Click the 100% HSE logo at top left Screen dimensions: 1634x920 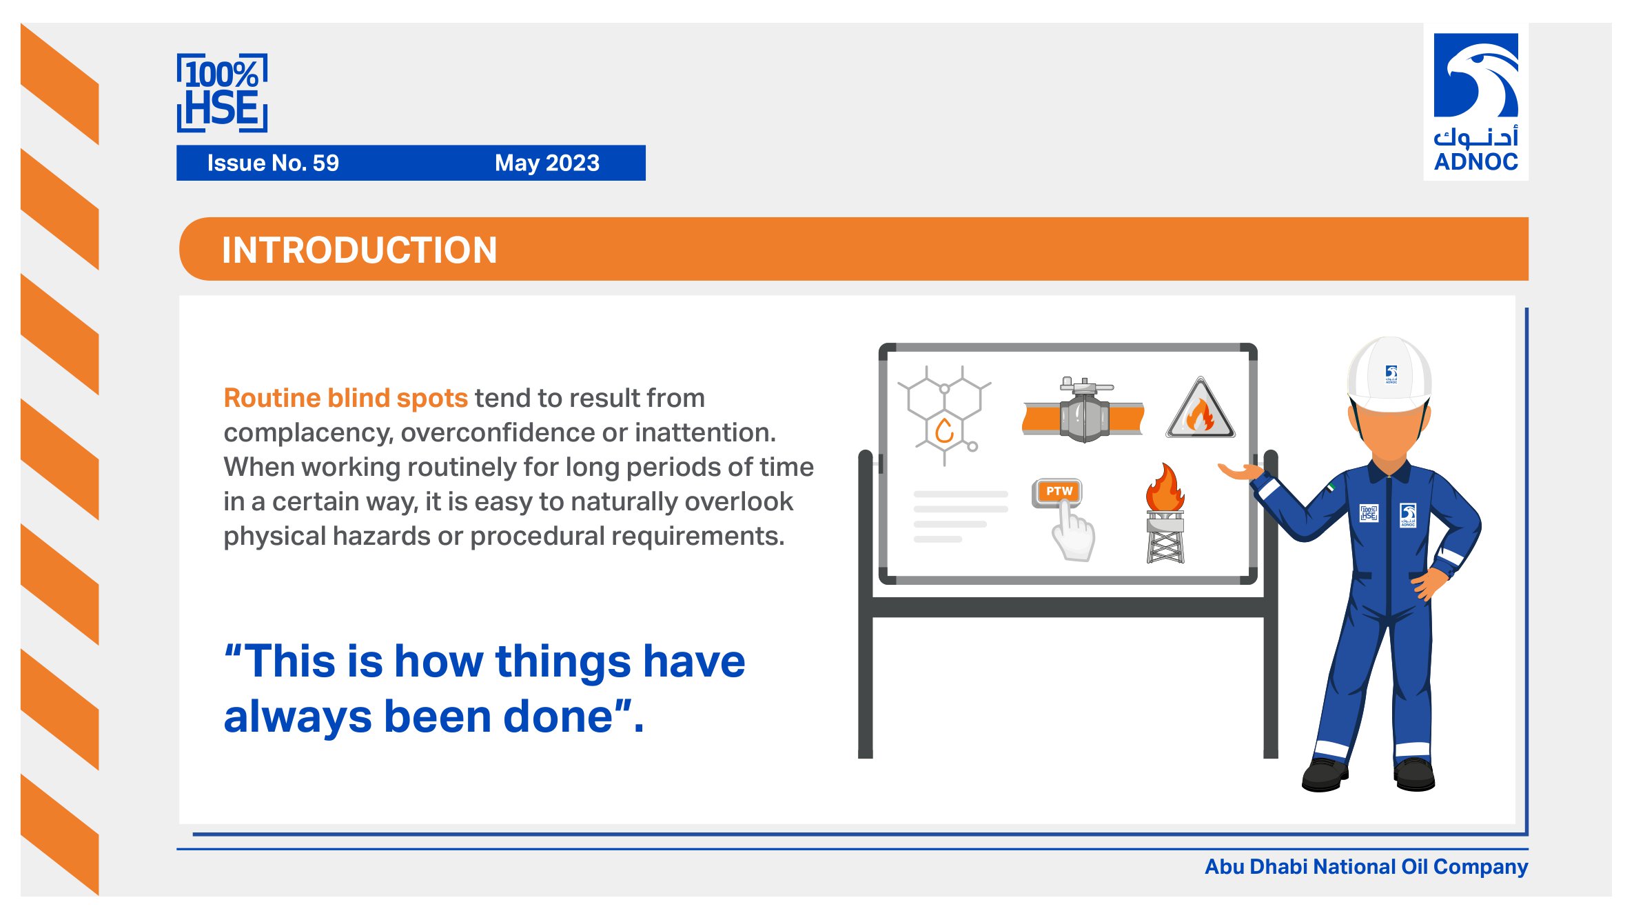click(222, 93)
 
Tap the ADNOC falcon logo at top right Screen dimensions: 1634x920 click(1475, 75)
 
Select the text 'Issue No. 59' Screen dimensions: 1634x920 click(273, 163)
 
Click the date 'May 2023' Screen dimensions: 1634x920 click(547, 163)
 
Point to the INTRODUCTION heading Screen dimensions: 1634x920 click(359, 250)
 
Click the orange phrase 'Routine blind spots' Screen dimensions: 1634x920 click(346, 398)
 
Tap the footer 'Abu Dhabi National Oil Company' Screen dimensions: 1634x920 click(1366, 867)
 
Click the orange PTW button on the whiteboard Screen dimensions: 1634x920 click(1059, 492)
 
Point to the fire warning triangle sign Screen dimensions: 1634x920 click(1201, 408)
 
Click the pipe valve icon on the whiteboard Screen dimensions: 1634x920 click(1083, 411)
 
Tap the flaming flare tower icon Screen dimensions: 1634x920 click(1165, 514)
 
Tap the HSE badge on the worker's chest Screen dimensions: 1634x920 click(1369, 513)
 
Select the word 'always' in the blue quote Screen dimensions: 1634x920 click(298, 718)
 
